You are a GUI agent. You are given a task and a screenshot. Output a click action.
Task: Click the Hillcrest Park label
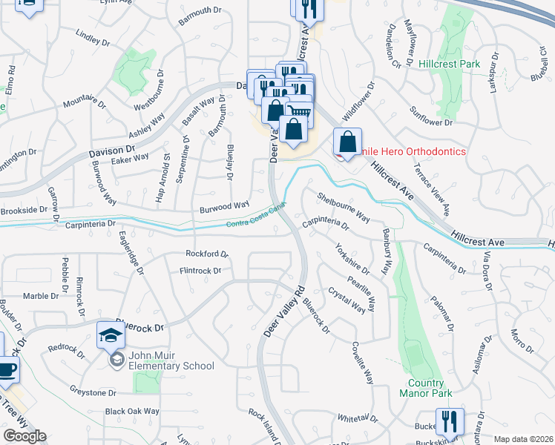click(x=449, y=65)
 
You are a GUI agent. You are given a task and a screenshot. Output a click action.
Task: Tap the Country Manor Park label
click(x=425, y=389)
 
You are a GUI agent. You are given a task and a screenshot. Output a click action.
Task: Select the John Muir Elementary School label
click(x=171, y=360)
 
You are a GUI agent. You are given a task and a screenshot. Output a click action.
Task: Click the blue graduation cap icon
click(x=111, y=335)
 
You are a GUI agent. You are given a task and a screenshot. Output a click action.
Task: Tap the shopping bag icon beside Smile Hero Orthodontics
click(x=347, y=142)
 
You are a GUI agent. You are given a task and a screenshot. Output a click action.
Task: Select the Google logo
click(x=24, y=436)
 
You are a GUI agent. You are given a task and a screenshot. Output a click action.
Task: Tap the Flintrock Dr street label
click(x=200, y=271)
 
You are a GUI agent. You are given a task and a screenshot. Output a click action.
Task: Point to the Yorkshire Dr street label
click(x=352, y=259)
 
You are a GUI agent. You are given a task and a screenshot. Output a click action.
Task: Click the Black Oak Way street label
click(x=132, y=411)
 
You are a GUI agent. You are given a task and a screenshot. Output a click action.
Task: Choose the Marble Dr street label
click(x=41, y=296)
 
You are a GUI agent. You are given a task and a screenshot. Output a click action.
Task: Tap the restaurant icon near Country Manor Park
click(x=449, y=422)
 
